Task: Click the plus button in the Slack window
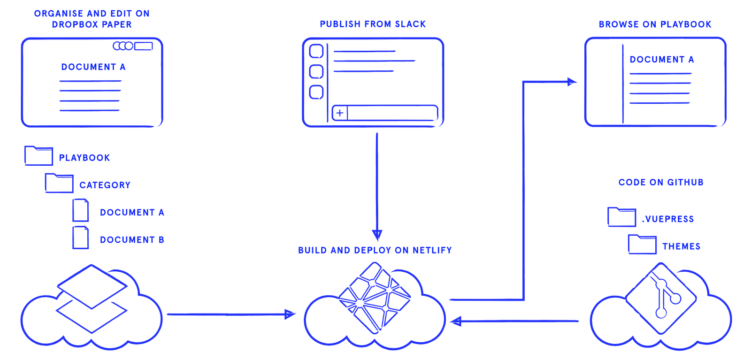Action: pyautogui.click(x=340, y=113)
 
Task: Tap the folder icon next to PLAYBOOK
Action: pyautogui.click(x=38, y=156)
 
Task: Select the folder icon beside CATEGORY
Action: pyautogui.click(x=59, y=183)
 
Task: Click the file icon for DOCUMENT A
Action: pyautogui.click(x=81, y=210)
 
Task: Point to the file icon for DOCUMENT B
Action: pyautogui.click(x=81, y=237)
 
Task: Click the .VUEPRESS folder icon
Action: pyautogui.click(x=622, y=217)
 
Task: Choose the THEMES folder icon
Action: pyautogui.click(x=642, y=245)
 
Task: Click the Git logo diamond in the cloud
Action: pyautogui.click(x=661, y=299)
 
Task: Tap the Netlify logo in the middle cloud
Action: pyautogui.click(x=375, y=297)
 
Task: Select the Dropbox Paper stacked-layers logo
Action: pyautogui.click(x=92, y=299)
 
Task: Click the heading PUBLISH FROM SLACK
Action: pyautogui.click(x=373, y=24)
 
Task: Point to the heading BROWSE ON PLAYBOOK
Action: pyautogui.click(x=655, y=24)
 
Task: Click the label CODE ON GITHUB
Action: pyautogui.click(x=661, y=183)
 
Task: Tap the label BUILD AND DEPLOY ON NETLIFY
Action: pyautogui.click(x=375, y=251)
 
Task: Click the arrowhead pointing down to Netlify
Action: pyautogui.click(x=377, y=234)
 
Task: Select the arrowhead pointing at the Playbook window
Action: pyautogui.click(x=571, y=82)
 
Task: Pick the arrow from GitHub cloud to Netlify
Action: pyautogui.click(x=516, y=322)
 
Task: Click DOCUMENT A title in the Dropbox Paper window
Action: pyautogui.click(x=93, y=67)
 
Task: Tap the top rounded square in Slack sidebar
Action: pyautogui.click(x=316, y=51)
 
